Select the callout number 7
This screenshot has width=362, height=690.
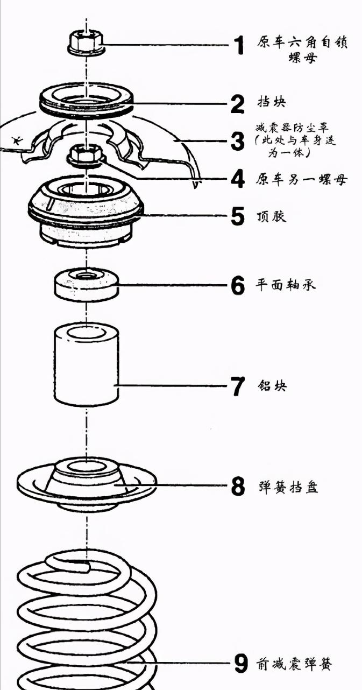238,386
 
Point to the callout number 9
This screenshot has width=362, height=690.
240,664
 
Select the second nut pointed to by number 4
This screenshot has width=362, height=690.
86,156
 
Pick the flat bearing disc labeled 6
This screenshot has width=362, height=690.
86,284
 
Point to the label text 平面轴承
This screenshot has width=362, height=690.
285,284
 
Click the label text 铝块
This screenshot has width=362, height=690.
272,385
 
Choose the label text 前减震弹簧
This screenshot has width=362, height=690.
293,664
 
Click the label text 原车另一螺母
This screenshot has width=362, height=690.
301,179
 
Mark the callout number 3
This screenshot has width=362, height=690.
238,142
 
